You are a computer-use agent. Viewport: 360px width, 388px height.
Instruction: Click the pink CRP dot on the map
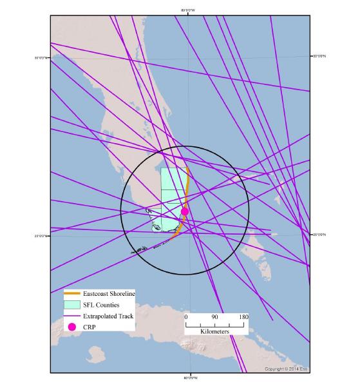[x=185, y=211]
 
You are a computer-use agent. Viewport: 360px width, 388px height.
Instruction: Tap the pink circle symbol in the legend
[x=71, y=327]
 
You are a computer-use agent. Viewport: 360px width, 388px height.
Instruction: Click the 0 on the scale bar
[x=186, y=316]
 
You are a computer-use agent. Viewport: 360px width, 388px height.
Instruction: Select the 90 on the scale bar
[x=214, y=316]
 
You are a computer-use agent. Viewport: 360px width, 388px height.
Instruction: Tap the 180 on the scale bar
[x=244, y=316]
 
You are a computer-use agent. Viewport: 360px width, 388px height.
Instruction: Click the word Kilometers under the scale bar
[x=214, y=331]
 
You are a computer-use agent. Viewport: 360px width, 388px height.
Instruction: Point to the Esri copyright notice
[x=287, y=369]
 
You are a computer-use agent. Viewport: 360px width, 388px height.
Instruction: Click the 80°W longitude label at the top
[x=188, y=10]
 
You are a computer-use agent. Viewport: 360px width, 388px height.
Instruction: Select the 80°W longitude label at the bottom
[x=188, y=377]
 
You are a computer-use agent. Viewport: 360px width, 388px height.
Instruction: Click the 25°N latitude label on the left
[x=41, y=236]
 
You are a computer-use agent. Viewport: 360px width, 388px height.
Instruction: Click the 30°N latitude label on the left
[x=41, y=58]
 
